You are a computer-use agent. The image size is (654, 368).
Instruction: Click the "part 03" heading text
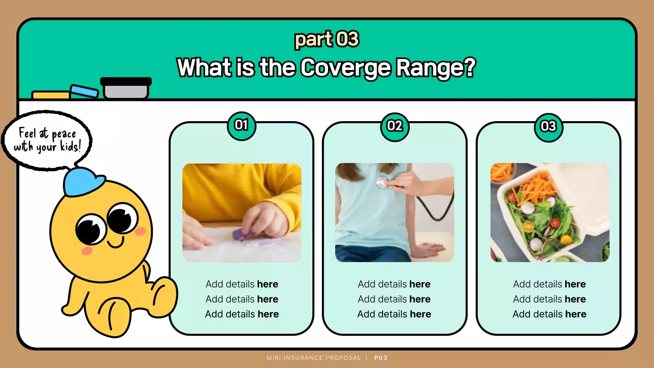tap(326, 39)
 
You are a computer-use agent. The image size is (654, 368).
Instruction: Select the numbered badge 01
tap(241, 126)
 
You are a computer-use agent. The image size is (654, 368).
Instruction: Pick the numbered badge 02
tap(394, 126)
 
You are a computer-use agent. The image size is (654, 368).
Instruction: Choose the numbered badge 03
tap(548, 126)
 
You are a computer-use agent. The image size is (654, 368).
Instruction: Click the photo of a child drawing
tap(242, 213)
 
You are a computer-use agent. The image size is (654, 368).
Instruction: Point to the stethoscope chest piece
tap(382, 181)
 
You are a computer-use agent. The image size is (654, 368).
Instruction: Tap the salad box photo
tap(550, 213)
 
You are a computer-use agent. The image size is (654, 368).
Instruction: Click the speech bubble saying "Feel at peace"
tap(47, 140)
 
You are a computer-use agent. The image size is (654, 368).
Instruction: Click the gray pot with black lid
tap(126, 89)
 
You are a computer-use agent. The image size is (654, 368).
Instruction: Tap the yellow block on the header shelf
tap(51, 95)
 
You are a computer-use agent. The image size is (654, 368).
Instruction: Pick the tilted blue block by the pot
tap(85, 91)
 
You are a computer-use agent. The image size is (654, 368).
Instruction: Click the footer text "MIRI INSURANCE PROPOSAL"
tap(314, 358)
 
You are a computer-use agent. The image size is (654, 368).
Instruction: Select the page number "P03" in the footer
tap(381, 358)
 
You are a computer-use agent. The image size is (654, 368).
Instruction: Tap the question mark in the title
tap(468, 67)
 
